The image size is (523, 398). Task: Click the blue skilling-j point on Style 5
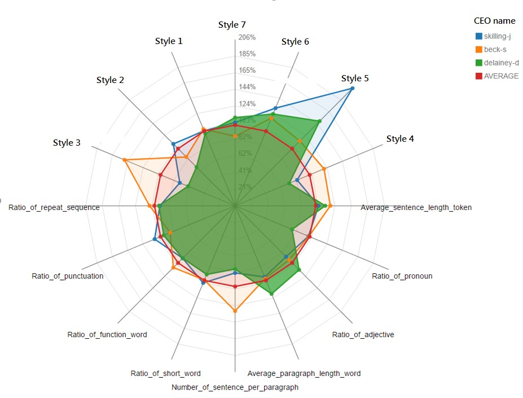click(353, 89)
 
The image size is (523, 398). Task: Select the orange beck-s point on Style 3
click(124, 160)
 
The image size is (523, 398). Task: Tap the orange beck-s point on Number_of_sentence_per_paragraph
click(235, 311)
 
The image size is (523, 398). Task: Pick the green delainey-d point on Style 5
click(320, 121)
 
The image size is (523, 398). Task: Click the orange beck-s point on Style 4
click(324, 168)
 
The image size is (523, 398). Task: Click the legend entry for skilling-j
click(497, 36)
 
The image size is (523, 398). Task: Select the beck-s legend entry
click(495, 50)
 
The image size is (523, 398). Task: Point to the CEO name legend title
click(494, 21)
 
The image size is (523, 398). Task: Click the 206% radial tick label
click(248, 37)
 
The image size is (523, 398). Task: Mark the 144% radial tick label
click(248, 87)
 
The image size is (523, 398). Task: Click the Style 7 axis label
click(232, 25)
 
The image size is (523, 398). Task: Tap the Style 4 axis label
click(400, 139)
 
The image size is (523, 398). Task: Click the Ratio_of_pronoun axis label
click(402, 276)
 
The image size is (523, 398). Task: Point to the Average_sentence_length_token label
click(416, 207)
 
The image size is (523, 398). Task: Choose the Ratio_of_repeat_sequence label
click(54, 207)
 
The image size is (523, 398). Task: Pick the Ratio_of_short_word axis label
click(165, 373)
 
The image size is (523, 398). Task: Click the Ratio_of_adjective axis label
click(363, 334)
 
